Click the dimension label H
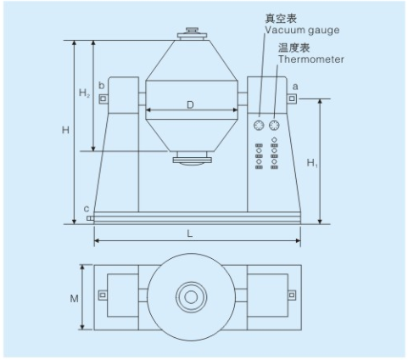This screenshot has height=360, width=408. click(x=65, y=130)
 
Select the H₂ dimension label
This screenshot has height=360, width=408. click(x=84, y=93)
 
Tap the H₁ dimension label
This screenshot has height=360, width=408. click(x=312, y=163)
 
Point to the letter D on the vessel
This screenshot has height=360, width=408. click(x=190, y=105)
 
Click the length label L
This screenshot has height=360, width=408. click(x=190, y=233)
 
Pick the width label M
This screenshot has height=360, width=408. click(x=74, y=298)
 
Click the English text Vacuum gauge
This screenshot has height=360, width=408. click(x=302, y=30)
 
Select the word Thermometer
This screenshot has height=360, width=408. click(x=311, y=59)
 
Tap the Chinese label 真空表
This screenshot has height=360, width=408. click(x=281, y=19)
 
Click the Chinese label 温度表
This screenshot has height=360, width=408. click(x=294, y=48)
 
